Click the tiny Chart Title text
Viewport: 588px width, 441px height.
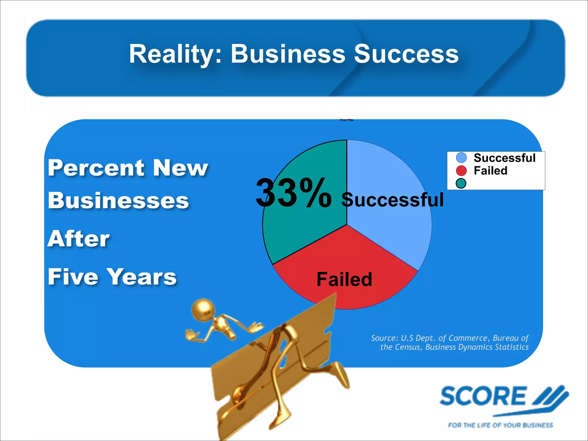[347, 120]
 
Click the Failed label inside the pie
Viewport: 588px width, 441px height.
[344, 279]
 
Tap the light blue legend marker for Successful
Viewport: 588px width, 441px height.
[461, 158]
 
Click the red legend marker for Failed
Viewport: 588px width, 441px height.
[461, 171]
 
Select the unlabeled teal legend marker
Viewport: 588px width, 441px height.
[461, 183]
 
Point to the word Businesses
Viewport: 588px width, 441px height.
[118, 200]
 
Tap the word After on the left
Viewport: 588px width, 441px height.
[78, 239]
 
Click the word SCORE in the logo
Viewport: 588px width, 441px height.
[483, 396]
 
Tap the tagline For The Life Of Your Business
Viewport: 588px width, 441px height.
[500, 425]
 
